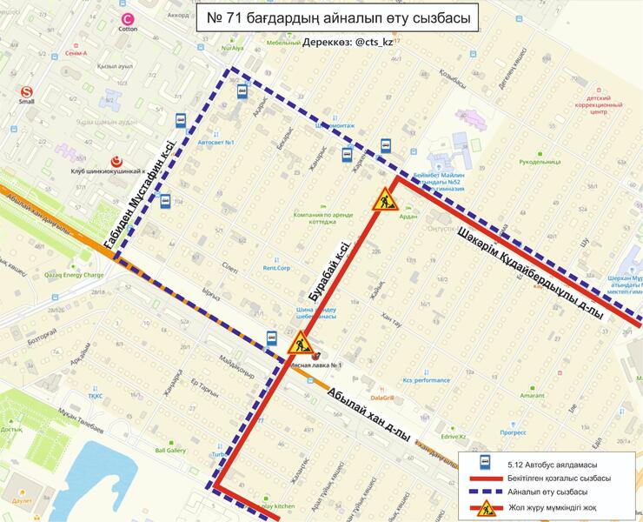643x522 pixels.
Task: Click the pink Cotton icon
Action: (x=129, y=18)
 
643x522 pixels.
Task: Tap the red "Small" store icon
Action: (x=26, y=90)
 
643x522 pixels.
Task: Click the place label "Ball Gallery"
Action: (x=170, y=451)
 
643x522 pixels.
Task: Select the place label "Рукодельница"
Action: (x=540, y=161)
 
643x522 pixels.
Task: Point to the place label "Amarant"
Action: (x=532, y=395)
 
